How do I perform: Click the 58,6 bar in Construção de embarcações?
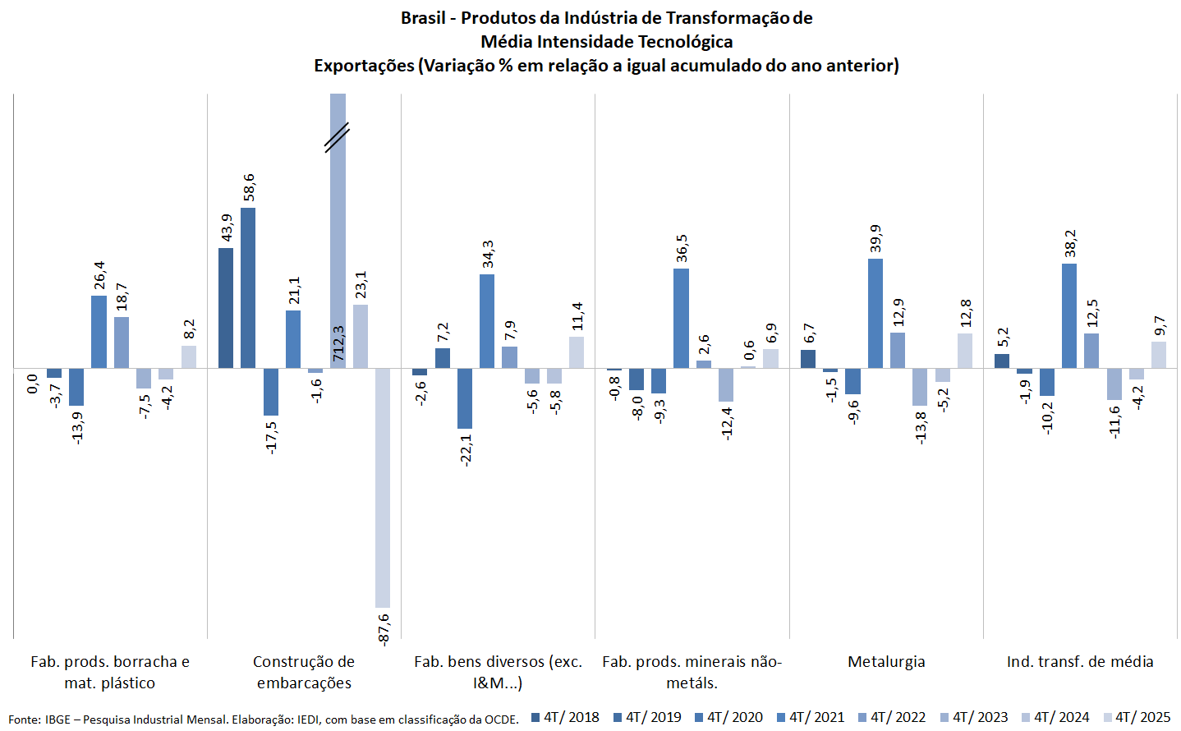[x=248, y=287]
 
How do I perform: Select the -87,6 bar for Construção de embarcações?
[x=383, y=488]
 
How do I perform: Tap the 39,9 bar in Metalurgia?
[x=875, y=313]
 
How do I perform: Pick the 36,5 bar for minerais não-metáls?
[x=681, y=318]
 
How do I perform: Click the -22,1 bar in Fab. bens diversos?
[x=465, y=398]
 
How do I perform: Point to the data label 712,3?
[x=338, y=343]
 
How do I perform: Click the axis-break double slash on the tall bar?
[x=337, y=138]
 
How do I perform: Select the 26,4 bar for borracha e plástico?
[x=99, y=332]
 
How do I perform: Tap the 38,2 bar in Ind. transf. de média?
[x=1069, y=315]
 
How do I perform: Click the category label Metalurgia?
[x=886, y=661]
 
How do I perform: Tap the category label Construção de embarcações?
[x=304, y=672]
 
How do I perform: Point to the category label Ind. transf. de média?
[x=1080, y=661]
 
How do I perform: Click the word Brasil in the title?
[x=423, y=18]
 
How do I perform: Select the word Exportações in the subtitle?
[x=364, y=66]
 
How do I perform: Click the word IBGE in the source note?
[x=57, y=720]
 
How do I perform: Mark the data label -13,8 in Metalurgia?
[x=921, y=427]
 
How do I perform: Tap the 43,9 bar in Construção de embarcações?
[x=226, y=308]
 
